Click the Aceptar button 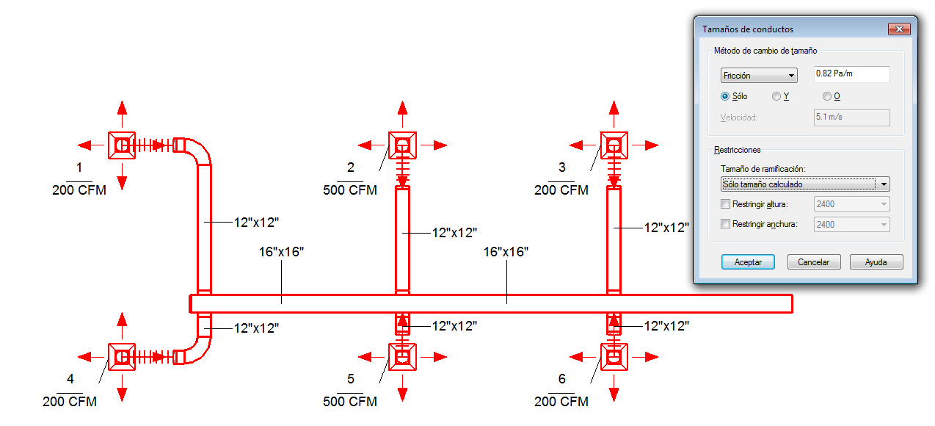(748, 262)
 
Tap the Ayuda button (876, 262)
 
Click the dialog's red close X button (899, 29)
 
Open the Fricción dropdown (759, 76)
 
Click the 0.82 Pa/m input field (851, 74)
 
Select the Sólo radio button (725, 96)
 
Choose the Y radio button (776, 96)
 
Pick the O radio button (826, 96)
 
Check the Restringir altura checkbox (725, 203)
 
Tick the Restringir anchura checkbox (725, 224)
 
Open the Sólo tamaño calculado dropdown (805, 184)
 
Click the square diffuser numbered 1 (122, 145)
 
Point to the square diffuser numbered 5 (402, 357)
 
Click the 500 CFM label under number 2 (350, 190)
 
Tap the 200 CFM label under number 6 (561, 401)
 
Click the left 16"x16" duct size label (281, 252)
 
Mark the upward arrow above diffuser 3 (614, 114)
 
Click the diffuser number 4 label (70, 379)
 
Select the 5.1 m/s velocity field (851, 118)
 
